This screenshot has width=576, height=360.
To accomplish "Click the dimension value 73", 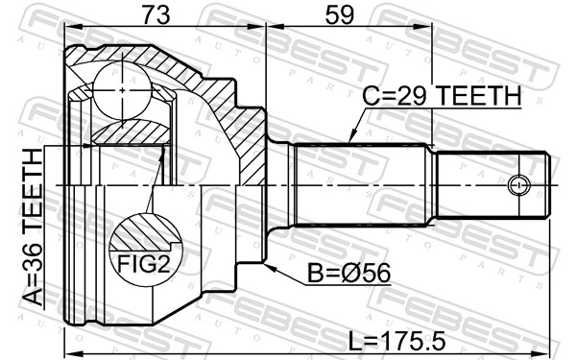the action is click(156, 15).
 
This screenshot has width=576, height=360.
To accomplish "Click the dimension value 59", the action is click(340, 15).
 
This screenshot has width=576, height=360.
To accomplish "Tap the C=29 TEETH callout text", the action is click(442, 95).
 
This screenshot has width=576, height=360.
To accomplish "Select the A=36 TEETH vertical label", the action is click(33, 227).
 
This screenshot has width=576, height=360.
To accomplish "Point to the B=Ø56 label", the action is click(348, 274).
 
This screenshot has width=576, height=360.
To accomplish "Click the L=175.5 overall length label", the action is click(396, 341).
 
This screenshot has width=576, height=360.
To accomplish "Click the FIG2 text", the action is click(144, 264).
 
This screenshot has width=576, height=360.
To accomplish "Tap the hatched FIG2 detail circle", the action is click(146, 249).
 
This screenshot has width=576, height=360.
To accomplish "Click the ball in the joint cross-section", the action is click(122, 90).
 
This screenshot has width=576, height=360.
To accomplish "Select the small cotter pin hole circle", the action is click(518, 184).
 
